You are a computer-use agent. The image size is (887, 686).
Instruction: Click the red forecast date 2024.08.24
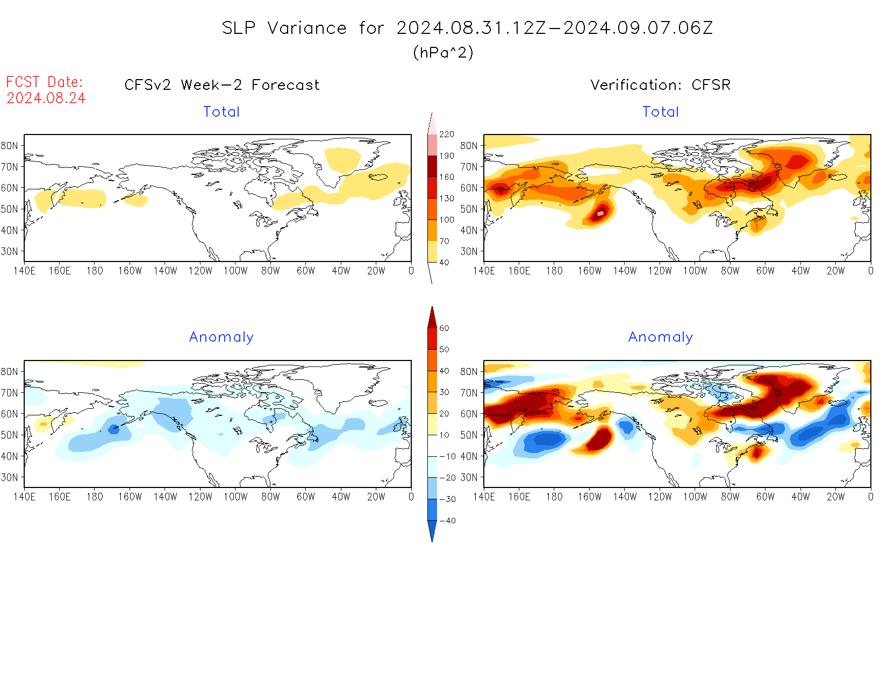click(x=46, y=98)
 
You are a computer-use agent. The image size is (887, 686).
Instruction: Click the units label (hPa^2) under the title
click(x=443, y=52)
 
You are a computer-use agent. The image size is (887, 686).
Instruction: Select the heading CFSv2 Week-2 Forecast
click(x=221, y=85)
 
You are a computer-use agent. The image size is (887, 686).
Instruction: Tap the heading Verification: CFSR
click(x=660, y=85)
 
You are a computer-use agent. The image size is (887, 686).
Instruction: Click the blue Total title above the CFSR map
click(x=661, y=112)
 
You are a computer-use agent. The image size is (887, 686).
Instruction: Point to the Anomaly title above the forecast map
click(x=221, y=337)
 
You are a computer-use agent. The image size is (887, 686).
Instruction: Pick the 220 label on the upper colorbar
click(x=447, y=135)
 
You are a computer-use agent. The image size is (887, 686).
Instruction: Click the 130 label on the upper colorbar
click(x=447, y=199)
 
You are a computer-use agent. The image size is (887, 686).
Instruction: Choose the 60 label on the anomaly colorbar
click(x=444, y=328)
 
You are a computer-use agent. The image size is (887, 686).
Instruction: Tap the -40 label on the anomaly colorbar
click(x=447, y=521)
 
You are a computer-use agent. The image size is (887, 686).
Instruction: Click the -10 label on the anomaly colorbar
click(x=447, y=456)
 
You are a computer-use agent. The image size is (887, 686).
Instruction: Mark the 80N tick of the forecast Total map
click(x=9, y=145)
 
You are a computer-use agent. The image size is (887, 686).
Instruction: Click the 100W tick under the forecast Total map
click(x=235, y=271)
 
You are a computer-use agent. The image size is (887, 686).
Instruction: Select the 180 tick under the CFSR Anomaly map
click(x=554, y=497)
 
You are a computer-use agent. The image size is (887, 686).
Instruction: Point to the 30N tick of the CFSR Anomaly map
click(x=469, y=477)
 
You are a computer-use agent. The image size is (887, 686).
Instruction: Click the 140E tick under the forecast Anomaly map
click(x=24, y=497)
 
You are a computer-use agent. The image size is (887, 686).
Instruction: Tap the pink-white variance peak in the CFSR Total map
click(x=600, y=214)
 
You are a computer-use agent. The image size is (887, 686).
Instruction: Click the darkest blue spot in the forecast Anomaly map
click(x=113, y=429)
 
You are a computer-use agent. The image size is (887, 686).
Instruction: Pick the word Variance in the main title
click(x=307, y=28)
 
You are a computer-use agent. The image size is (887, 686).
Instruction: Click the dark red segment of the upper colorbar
click(x=432, y=166)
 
